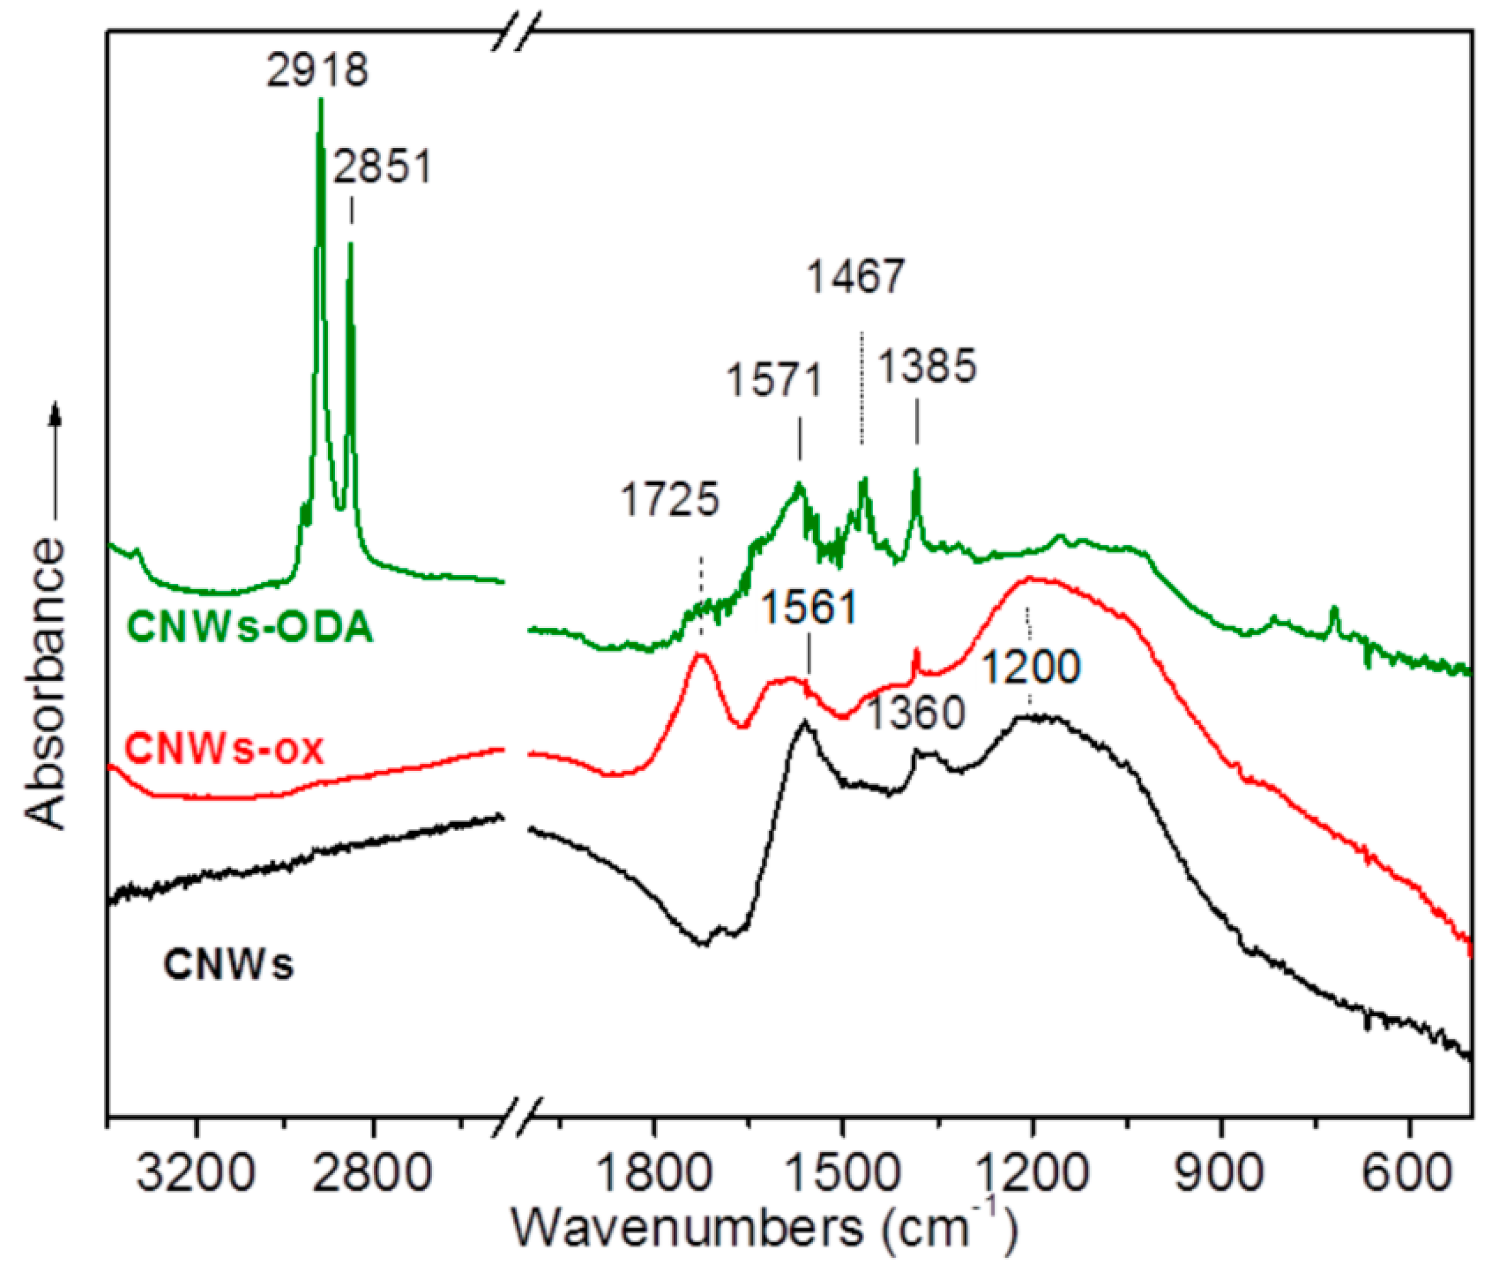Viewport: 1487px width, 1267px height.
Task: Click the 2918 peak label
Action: [316, 71]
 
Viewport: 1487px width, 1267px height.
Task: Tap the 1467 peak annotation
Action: [856, 277]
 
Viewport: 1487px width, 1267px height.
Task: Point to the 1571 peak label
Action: [775, 380]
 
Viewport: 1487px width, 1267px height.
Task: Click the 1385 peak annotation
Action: [928, 367]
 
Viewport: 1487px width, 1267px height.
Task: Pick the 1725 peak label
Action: [669, 499]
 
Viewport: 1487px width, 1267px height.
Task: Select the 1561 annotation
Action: [809, 608]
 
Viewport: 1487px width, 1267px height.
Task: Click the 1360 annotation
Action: [916, 714]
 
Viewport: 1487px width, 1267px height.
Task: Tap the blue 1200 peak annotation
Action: [1030, 667]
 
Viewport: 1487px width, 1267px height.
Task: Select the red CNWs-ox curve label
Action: [224, 750]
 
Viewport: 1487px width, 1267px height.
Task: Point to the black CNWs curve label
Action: [228, 964]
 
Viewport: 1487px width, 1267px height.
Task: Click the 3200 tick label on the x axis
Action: [196, 1175]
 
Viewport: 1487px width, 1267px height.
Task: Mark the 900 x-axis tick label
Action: [1221, 1175]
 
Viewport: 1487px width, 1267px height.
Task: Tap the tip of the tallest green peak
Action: [320, 100]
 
